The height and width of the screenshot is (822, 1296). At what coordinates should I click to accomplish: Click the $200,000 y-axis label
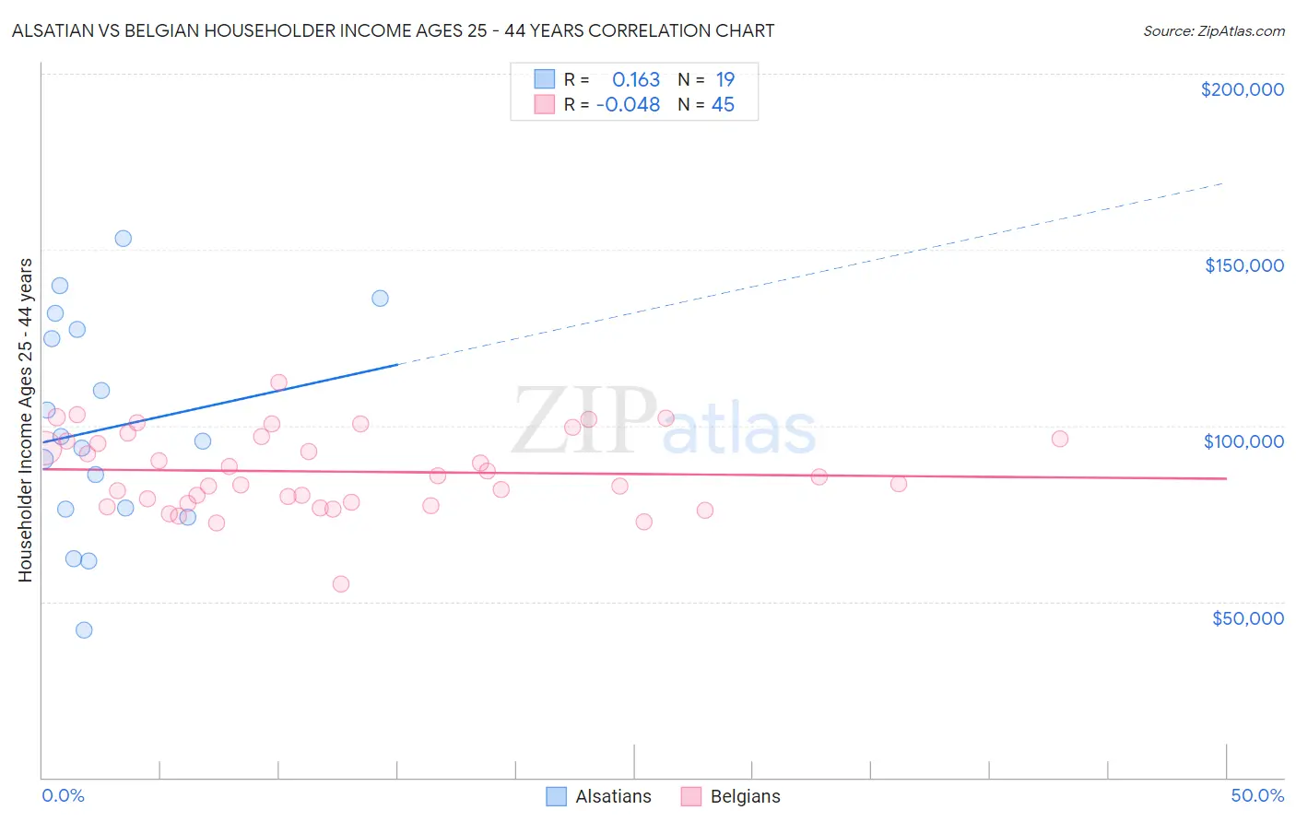tap(1242, 89)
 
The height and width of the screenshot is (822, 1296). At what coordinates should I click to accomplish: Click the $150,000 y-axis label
tap(1243, 265)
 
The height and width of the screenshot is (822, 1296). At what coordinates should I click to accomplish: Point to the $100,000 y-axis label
tap(1243, 441)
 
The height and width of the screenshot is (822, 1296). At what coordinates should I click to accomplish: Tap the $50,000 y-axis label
tap(1247, 617)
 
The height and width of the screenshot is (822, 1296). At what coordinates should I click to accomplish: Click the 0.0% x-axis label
tap(63, 795)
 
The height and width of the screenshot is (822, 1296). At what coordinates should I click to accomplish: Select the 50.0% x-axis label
tap(1257, 795)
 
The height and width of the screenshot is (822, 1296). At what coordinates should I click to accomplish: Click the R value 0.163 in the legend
tap(636, 80)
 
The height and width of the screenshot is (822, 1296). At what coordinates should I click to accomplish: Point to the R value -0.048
tap(628, 105)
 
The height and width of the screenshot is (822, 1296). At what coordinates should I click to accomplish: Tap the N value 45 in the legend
tap(723, 105)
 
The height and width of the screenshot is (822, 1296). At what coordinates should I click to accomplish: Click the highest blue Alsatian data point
tap(123, 239)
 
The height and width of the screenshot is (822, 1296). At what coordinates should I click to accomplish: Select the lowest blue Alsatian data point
tap(84, 630)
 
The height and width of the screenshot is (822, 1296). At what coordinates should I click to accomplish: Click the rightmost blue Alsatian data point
tap(380, 299)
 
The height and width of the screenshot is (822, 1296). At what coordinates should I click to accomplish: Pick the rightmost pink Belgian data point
tap(1060, 439)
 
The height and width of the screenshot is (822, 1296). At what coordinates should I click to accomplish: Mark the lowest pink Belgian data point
tap(341, 584)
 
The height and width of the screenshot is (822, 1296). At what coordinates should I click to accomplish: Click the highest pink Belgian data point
tap(278, 382)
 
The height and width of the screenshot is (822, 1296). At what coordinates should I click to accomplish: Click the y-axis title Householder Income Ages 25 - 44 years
tap(25, 420)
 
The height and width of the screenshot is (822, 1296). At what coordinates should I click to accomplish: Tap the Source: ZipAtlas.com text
tap(1213, 31)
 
